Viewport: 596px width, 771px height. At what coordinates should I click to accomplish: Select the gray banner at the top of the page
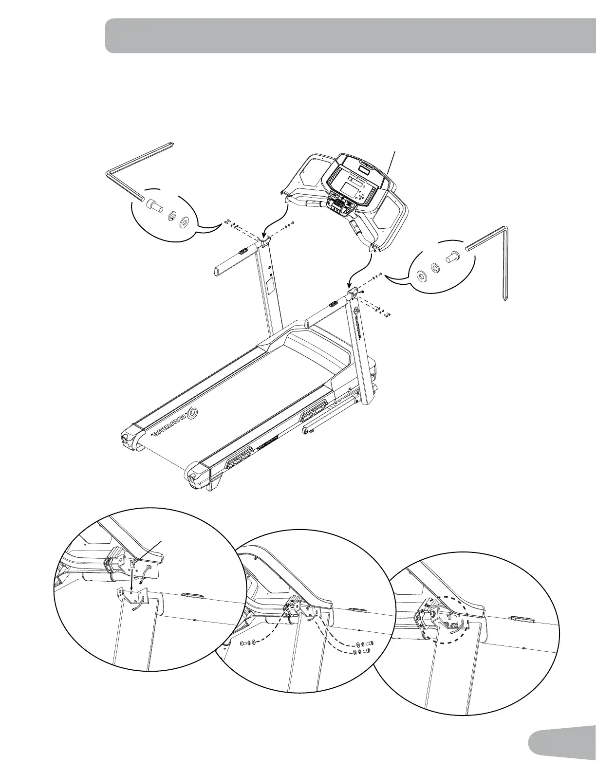(351, 36)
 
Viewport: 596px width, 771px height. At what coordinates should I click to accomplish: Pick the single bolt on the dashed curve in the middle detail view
(243, 643)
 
